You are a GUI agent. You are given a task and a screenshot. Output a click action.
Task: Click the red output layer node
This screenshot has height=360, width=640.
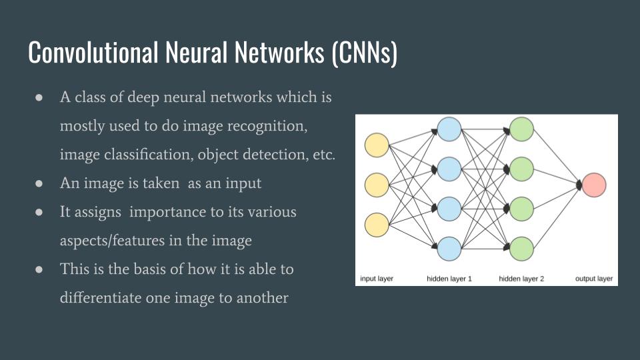click(x=594, y=185)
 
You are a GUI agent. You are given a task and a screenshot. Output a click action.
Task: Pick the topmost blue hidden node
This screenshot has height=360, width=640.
click(x=449, y=129)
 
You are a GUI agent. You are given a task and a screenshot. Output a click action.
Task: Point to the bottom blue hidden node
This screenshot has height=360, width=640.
click(x=449, y=249)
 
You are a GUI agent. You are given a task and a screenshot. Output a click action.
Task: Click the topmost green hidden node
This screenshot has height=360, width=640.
click(x=521, y=129)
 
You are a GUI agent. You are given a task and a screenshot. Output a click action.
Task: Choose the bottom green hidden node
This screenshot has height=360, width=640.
click(x=521, y=249)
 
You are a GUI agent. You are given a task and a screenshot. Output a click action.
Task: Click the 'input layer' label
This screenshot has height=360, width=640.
click(x=377, y=278)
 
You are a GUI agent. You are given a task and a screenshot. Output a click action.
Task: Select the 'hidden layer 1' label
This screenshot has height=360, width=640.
click(x=449, y=278)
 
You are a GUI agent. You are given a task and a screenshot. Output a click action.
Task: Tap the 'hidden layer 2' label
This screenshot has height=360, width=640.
click(x=521, y=278)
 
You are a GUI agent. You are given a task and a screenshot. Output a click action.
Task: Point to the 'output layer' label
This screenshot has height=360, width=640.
click(x=594, y=278)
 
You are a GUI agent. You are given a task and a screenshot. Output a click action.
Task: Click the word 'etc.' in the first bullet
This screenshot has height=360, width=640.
click(x=323, y=154)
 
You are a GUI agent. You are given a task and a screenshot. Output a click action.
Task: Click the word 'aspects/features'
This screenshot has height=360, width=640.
click(x=113, y=240)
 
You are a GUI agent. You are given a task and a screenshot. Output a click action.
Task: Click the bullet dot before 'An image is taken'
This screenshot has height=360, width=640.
click(x=39, y=183)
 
